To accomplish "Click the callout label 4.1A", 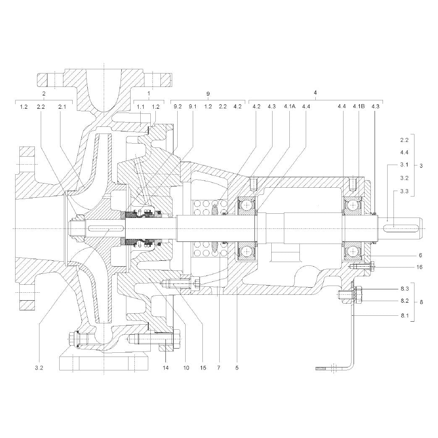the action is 289,106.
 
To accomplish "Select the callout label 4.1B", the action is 359,106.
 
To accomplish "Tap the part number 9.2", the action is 178,106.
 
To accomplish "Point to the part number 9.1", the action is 193,106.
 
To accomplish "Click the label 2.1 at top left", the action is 62,106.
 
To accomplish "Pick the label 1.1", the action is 141,106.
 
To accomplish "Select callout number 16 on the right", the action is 419,267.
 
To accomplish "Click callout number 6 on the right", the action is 420,255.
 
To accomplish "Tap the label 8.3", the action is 405,289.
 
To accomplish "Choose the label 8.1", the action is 405,316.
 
